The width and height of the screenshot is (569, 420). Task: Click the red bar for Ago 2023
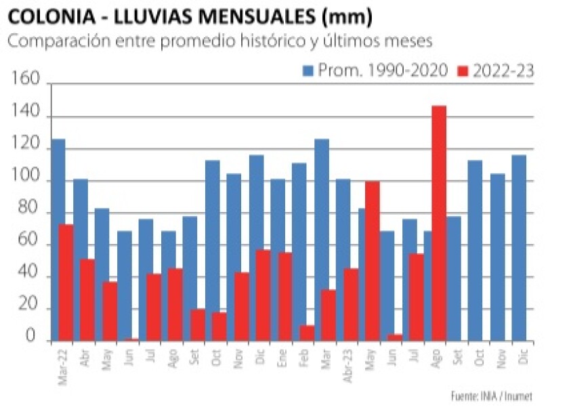point(439,224)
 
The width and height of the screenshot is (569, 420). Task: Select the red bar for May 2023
point(373,261)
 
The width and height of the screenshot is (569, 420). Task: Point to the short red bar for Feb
point(307,333)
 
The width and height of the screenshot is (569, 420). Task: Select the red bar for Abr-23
point(351,304)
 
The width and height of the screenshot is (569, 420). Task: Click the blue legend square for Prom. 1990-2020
point(308,70)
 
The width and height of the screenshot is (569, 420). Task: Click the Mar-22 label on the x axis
point(62,367)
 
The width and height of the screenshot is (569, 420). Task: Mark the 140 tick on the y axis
point(26,117)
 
